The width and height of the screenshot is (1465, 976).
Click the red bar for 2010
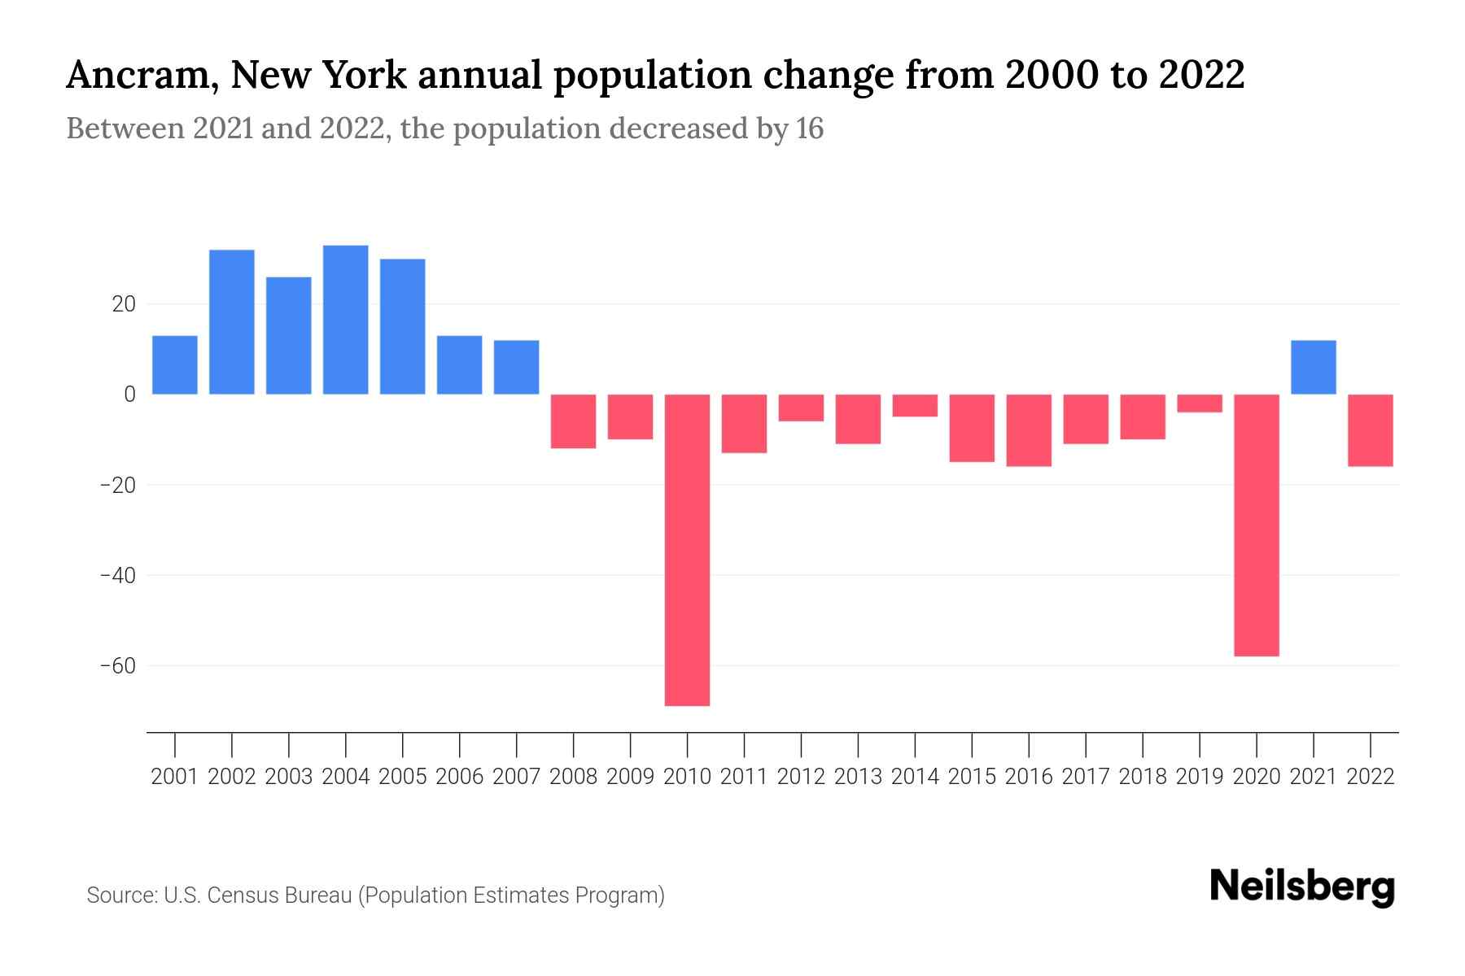click(x=687, y=549)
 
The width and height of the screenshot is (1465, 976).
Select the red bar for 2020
click(x=1257, y=525)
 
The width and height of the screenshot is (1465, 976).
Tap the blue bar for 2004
click(x=345, y=320)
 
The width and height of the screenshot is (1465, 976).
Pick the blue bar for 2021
click(x=1314, y=367)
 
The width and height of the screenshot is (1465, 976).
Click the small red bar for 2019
click(x=1200, y=403)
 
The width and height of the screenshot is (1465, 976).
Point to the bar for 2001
click(x=175, y=364)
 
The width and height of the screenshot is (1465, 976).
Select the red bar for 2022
click(x=1371, y=430)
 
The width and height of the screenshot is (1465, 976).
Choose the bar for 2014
click(x=915, y=405)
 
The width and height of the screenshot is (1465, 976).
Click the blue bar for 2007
click(x=516, y=367)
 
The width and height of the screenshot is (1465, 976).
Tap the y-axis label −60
click(x=118, y=666)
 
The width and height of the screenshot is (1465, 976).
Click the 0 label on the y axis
click(x=129, y=394)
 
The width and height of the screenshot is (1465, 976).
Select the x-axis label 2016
click(x=1029, y=777)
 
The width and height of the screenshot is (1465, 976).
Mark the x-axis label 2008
click(x=573, y=777)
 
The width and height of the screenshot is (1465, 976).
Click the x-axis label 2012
click(x=801, y=777)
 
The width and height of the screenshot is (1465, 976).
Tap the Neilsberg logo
click(x=1302, y=887)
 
